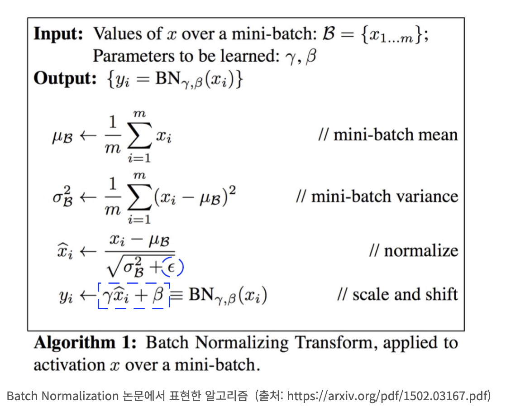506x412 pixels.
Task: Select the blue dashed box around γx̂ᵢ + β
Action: pyautogui.click(x=134, y=296)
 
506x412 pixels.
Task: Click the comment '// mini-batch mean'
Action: pyautogui.click(x=388, y=135)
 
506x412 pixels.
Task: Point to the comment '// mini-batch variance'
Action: pyautogui.click(x=377, y=196)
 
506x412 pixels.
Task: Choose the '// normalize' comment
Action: pyautogui.click(x=414, y=251)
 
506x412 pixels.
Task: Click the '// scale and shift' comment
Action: pyautogui.click(x=398, y=294)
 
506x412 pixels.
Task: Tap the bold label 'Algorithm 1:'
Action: pyautogui.click(x=85, y=343)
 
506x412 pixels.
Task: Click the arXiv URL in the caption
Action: pyautogui.click(x=389, y=396)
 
